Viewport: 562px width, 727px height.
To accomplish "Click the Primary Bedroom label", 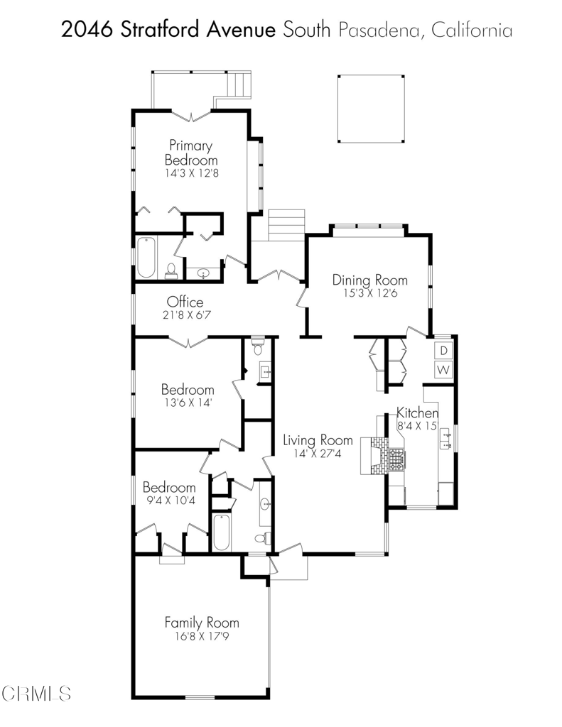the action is [x=190, y=153].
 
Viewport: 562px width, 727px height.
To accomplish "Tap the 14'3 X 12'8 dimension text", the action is [x=191, y=173].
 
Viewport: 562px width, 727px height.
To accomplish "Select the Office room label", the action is [x=185, y=302].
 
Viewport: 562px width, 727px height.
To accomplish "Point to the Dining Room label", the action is [x=370, y=280].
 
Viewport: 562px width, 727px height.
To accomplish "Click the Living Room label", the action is [x=318, y=440].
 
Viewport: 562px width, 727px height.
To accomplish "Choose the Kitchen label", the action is [x=417, y=412].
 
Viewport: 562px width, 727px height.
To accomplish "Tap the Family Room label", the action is [x=202, y=622].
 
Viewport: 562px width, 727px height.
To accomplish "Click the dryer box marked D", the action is [x=443, y=351].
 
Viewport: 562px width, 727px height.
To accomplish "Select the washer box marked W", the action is [x=443, y=370].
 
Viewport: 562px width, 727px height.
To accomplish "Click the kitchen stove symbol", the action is [x=396, y=460].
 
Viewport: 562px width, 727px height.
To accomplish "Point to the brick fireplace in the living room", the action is [x=374, y=455].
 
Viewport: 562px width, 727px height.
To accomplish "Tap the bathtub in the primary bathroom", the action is [x=146, y=257].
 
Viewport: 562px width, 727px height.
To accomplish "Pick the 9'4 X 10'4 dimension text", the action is [x=169, y=501].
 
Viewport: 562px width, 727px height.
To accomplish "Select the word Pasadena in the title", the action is [x=379, y=30].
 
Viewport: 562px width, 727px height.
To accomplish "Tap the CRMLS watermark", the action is [x=36, y=694].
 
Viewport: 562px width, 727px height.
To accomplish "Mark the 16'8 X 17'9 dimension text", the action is [x=202, y=636].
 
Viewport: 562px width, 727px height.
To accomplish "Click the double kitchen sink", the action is [x=445, y=439].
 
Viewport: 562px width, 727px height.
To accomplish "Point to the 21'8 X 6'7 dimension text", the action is [x=185, y=315].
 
